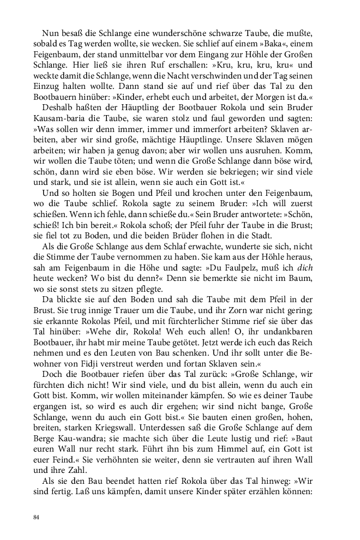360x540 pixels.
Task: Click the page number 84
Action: (37, 517)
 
